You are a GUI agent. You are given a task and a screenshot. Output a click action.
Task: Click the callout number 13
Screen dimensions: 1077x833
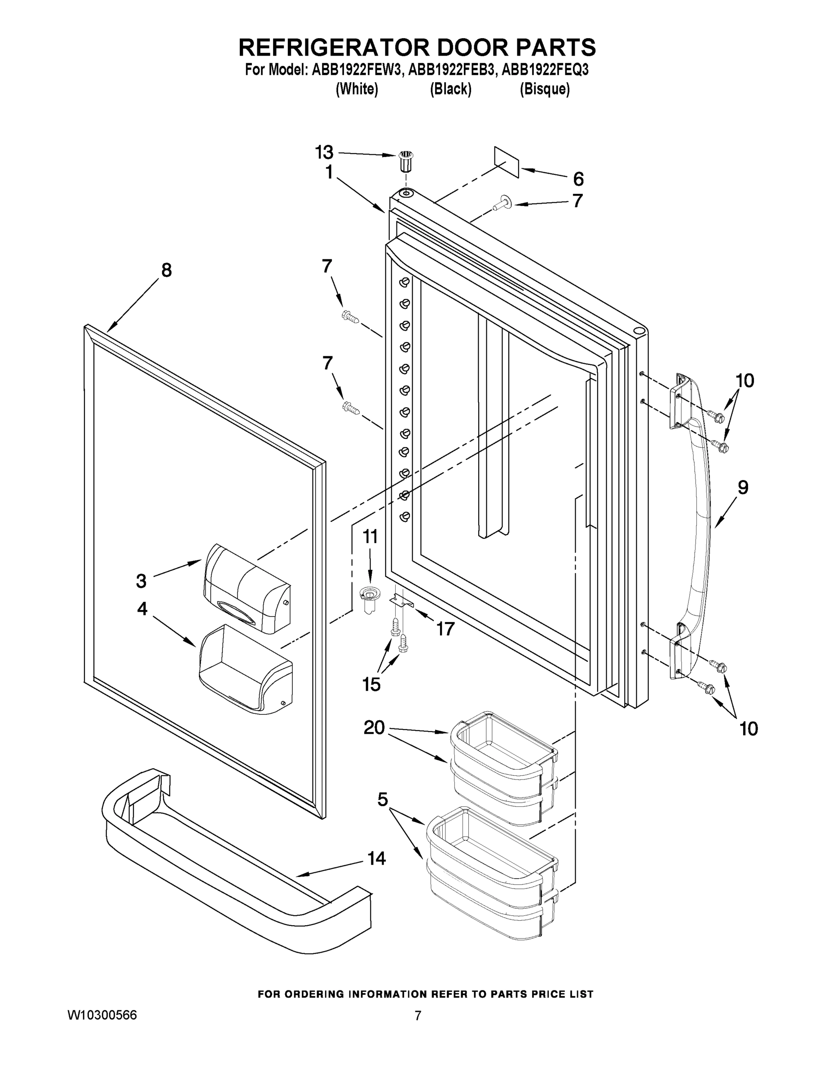coord(324,153)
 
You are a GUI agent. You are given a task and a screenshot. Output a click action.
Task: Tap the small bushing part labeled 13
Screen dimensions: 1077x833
coord(405,162)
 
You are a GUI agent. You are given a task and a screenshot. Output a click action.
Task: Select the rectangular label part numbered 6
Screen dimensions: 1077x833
coord(507,162)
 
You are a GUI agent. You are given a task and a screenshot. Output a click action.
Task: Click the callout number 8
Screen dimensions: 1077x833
coord(167,270)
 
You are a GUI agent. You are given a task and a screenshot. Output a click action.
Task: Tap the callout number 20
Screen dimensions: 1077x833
coord(374,727)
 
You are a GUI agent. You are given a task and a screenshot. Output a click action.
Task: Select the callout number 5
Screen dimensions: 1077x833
coord(383,799)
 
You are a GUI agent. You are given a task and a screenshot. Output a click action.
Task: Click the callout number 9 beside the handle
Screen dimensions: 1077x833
coord(743,487)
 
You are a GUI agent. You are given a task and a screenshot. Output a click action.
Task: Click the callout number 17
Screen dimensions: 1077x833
coord(445,629)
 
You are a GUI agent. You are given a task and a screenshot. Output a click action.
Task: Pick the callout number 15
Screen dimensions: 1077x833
coord(371,684)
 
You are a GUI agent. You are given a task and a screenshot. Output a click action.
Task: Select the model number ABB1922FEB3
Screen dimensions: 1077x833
coord(451,70)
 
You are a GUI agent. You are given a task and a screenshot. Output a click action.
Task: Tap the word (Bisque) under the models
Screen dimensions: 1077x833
coord(545,89)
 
